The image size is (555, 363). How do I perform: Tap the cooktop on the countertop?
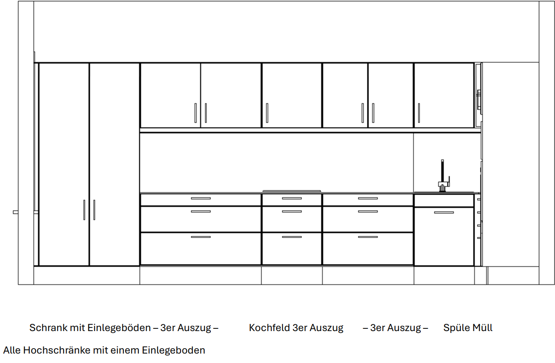tap(291, 191)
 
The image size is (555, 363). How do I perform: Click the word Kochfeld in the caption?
tap(269, 327)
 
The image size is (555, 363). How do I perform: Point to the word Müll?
tap(482, 327)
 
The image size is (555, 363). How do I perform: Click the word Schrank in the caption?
tap(48, 327)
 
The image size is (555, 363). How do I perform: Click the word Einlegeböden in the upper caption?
tap(119, 328)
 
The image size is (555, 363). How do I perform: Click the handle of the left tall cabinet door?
tap(84, 210)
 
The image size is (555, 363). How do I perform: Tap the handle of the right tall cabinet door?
tap(94, 210)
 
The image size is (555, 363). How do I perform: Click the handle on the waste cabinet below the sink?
tap(444, 212)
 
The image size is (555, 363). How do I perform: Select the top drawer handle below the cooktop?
tap(292, 198)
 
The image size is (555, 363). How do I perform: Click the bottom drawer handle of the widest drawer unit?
tap(201, 237)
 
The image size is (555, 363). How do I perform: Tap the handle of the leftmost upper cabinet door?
tap(196, 113)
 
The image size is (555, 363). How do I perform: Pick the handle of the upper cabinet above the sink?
tap(419, 113)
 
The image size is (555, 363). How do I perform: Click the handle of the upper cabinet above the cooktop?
tap(267, 113)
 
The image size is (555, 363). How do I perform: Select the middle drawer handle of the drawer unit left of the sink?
tap(368, 211)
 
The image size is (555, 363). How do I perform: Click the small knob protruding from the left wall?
tap(16, 212)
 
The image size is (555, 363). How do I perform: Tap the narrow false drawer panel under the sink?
tap(444, 201)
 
